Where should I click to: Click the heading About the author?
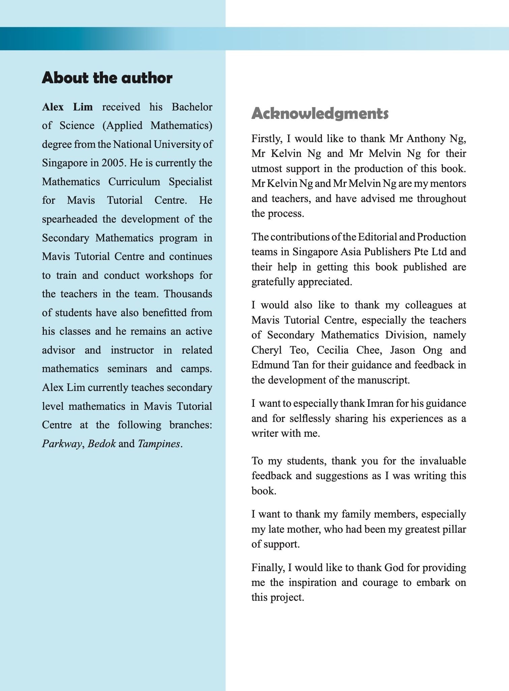tap(107, 78)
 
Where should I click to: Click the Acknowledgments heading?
tap(320, 113)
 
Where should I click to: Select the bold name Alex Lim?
tap(67, 107)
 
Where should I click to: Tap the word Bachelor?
tap(192, 107)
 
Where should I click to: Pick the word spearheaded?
tap(69, 219)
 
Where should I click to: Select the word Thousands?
tap(188, 294)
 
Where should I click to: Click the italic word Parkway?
tap(62, 444)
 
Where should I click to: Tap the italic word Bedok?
tap(101, 444)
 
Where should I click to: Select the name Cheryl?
tap(266, 350)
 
